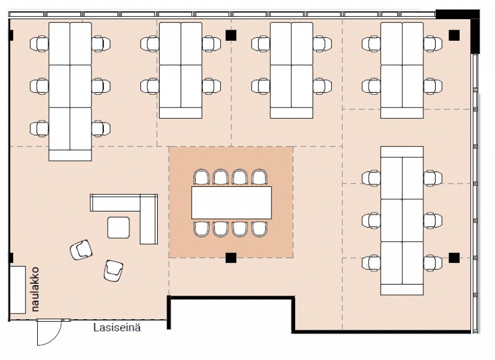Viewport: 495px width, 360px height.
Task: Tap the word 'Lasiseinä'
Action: point(117,327)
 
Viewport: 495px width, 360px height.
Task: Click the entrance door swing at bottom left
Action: point(46,332)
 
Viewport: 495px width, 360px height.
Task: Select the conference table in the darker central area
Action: point(231,202)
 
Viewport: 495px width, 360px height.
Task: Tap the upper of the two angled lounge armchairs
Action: point(81,249)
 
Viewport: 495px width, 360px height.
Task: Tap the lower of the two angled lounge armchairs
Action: point(113,270)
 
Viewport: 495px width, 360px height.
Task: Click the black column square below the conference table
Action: point(231,257)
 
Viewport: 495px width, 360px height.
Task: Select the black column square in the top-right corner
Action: point(454,35)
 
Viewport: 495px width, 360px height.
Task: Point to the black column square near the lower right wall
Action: point(454,257)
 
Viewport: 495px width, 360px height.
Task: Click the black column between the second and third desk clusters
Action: point(231,35)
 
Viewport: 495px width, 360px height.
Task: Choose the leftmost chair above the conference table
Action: point(202,178)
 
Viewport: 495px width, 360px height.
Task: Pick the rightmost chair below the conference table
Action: point(259,228)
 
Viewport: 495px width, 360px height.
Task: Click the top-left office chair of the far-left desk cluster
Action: point(40,43)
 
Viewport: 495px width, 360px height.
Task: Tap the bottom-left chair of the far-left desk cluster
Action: point(40,128)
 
